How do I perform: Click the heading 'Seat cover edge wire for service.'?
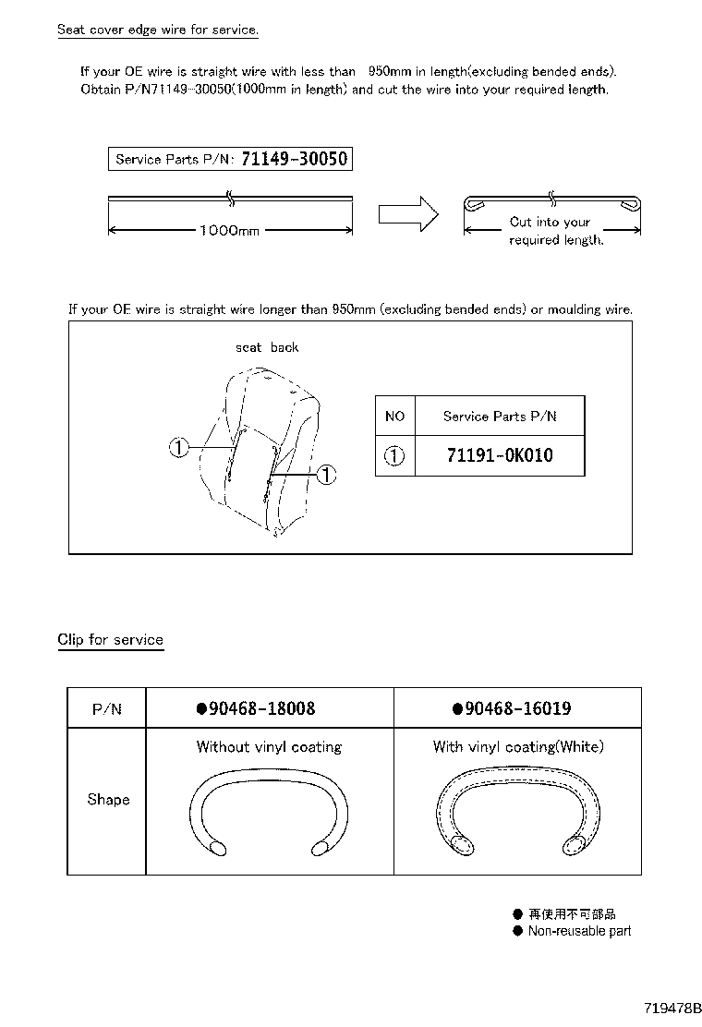157,30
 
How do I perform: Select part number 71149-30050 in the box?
294,159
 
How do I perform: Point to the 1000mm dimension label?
230,230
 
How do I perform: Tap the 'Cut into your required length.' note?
555,231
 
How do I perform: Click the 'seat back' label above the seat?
267,347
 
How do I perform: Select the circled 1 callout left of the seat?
179,448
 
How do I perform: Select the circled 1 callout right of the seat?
326,475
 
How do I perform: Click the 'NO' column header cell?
394,417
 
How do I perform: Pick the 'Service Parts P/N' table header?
500,417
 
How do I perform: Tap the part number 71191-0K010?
500,455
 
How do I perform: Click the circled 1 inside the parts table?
394,455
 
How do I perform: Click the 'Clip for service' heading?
110,639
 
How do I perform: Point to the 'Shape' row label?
108,799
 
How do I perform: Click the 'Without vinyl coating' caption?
269,746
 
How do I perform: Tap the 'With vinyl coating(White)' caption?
517,746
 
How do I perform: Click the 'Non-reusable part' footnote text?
579,931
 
